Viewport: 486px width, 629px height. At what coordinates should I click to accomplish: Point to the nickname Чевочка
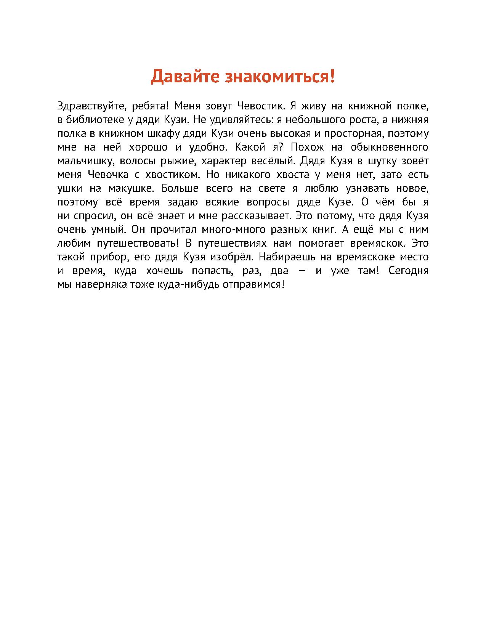click(x=108, y=175)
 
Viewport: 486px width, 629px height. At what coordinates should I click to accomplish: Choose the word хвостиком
click(x=173, y=175)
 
